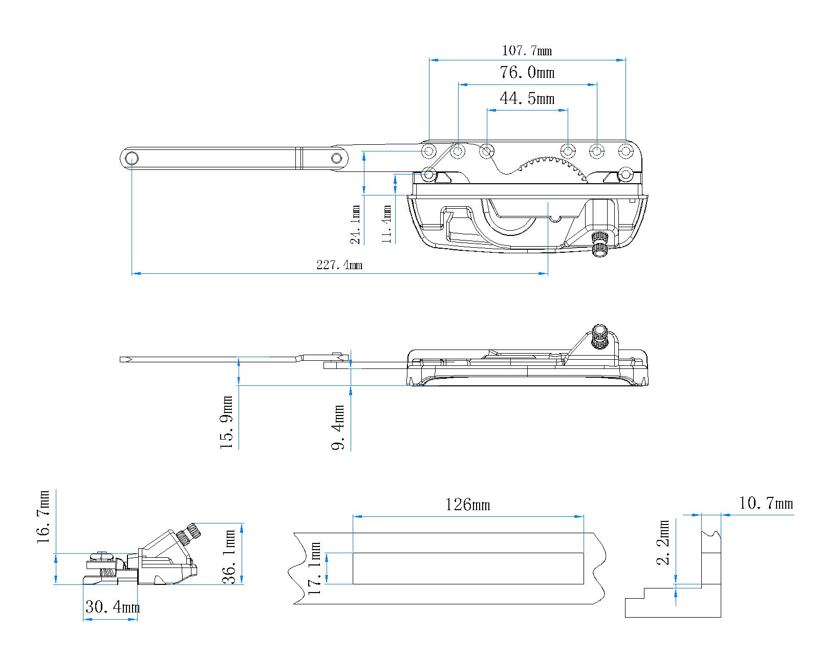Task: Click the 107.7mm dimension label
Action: [x=527, y=51]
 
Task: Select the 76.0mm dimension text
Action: [x=527, y=73]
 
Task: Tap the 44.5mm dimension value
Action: [x=527, y=98]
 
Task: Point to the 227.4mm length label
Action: [x=339, y=265]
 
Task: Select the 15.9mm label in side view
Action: [x=227, y=423]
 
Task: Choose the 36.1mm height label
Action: [x=230, y=557]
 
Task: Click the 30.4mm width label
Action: [x=112, y=608]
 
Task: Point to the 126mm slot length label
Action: [x=467, y=505]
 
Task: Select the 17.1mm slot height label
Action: [x=315, y=569]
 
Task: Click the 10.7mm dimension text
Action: [x=766, y=504]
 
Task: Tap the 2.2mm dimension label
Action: [x=664, y=542]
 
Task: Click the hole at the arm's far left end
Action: [x=131, y=158]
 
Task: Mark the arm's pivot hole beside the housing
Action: [x=336, y=158]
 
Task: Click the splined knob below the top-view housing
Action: [x=599, y=244]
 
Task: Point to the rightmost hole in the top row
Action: [x=626, y=151]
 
